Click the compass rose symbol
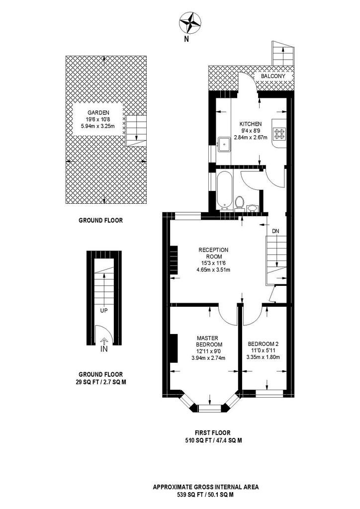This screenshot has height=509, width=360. (x=189, y=22)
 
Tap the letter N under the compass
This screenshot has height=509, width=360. (x=186, y=40)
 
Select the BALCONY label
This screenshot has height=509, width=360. (x=273, y=76)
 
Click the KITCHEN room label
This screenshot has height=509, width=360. (x=250, y=124)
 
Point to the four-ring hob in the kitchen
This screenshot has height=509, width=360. (x=279, y=134)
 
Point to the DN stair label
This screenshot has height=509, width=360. (x=275, y=231)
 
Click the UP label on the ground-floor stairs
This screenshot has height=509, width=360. (x=104, y=310)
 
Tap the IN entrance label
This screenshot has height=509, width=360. (x=104, y=349)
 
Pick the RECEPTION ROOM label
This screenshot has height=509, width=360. (x=213, y=253)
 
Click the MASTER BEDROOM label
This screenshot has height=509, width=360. (x=209, y=341)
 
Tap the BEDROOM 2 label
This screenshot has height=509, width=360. (x=263, y=344)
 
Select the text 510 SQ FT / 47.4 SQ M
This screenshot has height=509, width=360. (x=213, y=440)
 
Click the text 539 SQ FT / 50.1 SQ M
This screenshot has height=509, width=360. (x=206, y=504)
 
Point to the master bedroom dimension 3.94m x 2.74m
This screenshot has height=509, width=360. (x=209, y=358)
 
